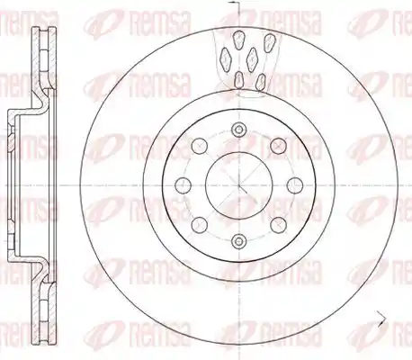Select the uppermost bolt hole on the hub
point(238,130)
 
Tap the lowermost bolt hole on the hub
point(238,240)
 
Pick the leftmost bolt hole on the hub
point(184,185)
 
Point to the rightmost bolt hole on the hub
point(295,185)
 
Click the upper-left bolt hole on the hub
point(200,146)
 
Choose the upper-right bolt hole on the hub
point(278,146)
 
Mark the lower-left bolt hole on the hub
point(200,225)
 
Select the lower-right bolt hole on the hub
point(278,225)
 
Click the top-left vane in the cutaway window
point(238,40)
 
